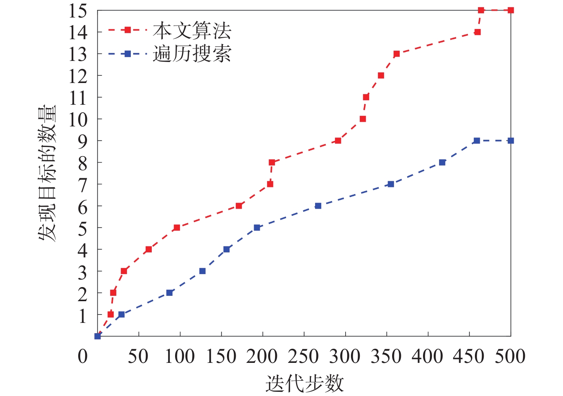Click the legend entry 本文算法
click(x=192, y=30)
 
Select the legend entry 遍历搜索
click(x=192, y=54)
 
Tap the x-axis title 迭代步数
click(x=304, y=383)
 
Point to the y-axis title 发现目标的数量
click(x=47, y=173)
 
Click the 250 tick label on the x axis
click(x=303, y=357)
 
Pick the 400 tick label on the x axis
click(x=428, y=357)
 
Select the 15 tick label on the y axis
click(x=78, y=11)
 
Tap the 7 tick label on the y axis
click(x=82, y=185)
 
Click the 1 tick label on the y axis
click(x=82, y=315)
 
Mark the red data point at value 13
click(x=396, y=54)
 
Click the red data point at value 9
click(x=338, y=141)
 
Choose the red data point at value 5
click(x=177, y=228)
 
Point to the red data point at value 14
click(x=477, y=32)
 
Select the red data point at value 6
click(x=239, y=206)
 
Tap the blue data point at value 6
click(x=318, y=206)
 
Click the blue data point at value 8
click(x=442, y=163)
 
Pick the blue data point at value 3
click(x=202, y=271)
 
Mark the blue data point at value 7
click(x=391, y=184)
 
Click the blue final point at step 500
click(x=511, y=141)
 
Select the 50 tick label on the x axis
click(x=138, y=357)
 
